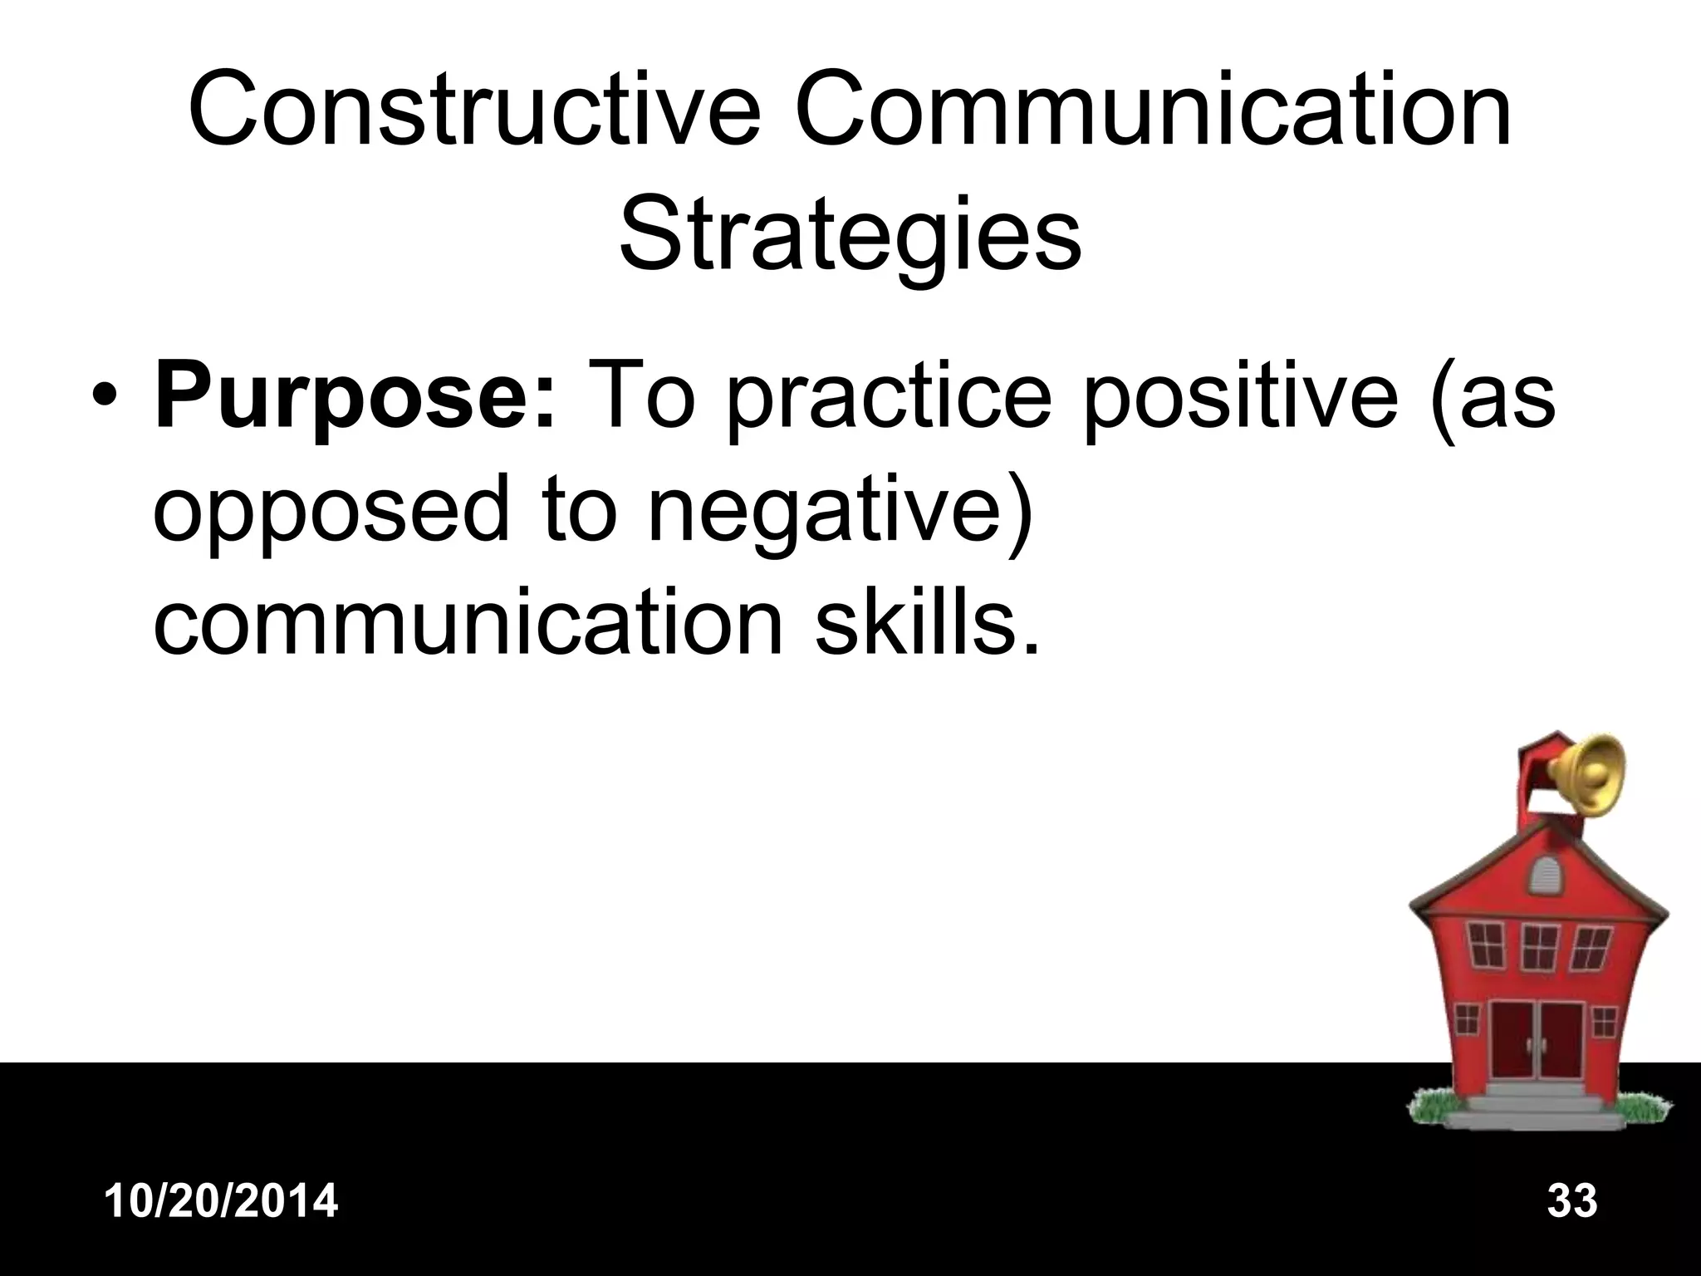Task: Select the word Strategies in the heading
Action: click(x=850, y=232)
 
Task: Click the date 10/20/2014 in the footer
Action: click(x=222, y=1201)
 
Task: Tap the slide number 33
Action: click(x=1572, y=1201)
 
